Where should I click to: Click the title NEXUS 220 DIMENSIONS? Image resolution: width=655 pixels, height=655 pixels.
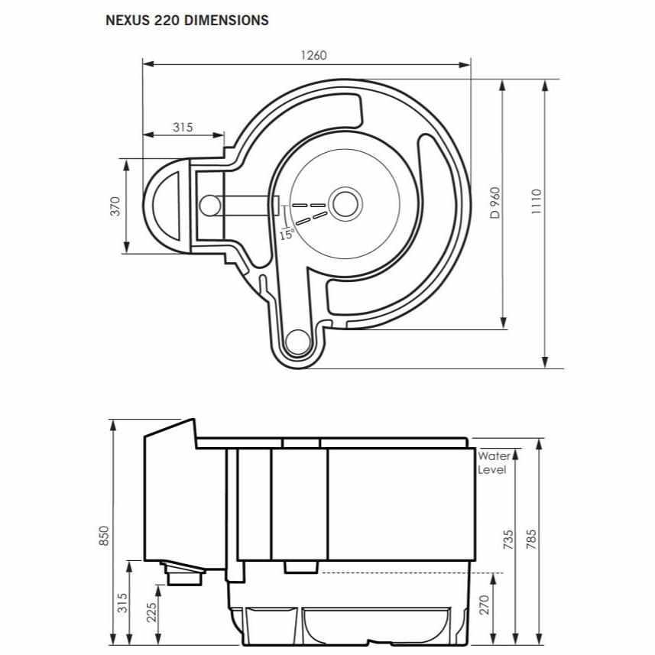(x=186, y=20)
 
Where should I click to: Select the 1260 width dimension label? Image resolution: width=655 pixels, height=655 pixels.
(x=313, y=55)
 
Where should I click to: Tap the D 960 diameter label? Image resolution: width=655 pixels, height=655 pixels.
(x=495, y=203)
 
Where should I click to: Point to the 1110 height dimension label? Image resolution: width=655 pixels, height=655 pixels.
(x=537, y=202)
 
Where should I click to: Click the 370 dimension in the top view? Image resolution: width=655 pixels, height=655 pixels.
(x=115, y=206)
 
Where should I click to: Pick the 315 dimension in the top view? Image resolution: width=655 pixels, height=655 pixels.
(x=183, y=127)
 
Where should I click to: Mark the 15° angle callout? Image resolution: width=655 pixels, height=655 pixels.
(x=287, y=234)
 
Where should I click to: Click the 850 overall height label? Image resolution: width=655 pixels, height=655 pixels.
(x=104, y=536)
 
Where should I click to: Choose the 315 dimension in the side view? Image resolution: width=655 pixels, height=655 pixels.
(x=122, y=603)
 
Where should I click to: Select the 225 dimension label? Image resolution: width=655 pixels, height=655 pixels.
(x=151, y=612)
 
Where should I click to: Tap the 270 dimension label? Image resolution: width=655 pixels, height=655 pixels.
(x=484, y=605)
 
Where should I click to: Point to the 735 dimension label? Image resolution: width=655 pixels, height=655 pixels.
(x=508, y=540)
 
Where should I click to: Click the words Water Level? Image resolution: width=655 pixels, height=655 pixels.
(x=494, y=462)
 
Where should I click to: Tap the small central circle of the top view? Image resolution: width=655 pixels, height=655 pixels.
(x=345, y=204)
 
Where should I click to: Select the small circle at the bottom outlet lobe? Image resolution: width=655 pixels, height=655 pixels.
(x=298, y=342)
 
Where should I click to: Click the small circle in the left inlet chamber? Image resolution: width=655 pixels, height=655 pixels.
(x=210, y=206)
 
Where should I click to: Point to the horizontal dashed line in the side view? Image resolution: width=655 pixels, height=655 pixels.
(x=410, y=572)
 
